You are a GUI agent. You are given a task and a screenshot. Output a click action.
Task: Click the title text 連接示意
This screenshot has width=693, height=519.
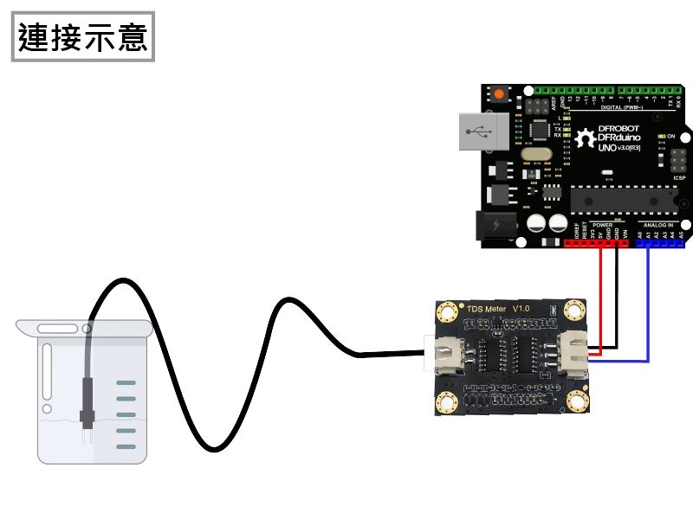[83, 37]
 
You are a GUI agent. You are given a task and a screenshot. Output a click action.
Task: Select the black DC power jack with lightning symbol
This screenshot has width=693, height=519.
[497, 226]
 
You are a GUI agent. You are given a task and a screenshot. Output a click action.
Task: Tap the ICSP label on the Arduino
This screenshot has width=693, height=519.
[679, 177]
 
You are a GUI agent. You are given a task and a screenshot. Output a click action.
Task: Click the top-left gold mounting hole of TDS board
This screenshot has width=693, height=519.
[448, 311]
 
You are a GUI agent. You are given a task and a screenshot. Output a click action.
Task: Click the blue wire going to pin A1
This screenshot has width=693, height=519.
[648, 303]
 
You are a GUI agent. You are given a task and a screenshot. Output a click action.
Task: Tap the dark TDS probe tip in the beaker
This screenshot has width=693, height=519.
[87, 418]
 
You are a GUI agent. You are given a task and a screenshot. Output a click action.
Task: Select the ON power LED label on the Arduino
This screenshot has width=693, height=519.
[670, 137]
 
